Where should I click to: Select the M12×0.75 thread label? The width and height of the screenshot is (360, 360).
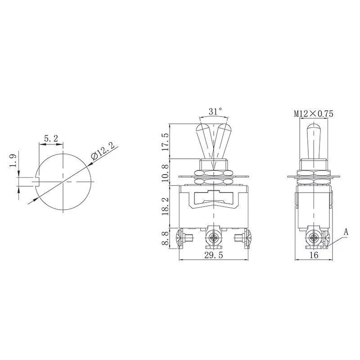pyautogui.click(x=314, y=114)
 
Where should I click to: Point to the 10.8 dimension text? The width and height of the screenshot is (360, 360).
pyautogui.click(x=165, y=173)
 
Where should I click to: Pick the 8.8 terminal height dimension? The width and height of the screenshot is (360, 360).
pyautogui.click(x=165, y=238)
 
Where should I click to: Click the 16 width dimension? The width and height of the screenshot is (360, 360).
pyautogui.click(x=314, y=255)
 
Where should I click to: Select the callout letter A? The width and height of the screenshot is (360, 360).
pyautogui.click(x=346, y=232)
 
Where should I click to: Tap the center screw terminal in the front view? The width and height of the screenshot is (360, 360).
pyautogui.click(x=213, y=237)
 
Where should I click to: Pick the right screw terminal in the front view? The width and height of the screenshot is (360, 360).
pyautogui.click(x=245, y=238)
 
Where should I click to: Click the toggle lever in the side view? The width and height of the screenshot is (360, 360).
pyautogui.click(x=314, y=139)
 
